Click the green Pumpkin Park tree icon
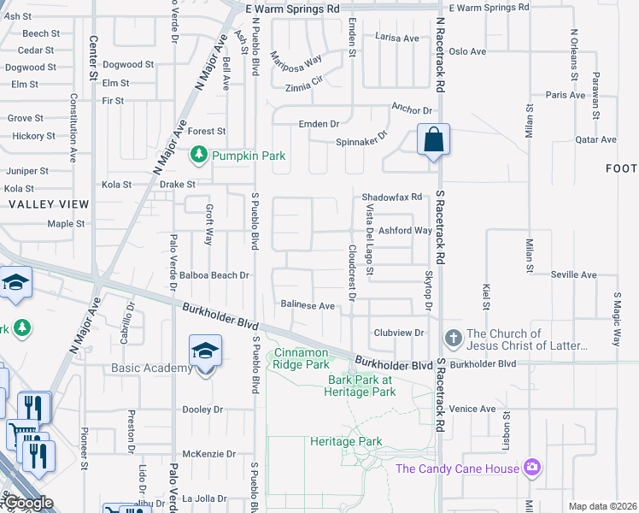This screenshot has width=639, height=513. pos(199,155)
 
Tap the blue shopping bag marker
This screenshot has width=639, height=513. pos(433,140)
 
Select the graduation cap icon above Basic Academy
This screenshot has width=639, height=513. pos(205,351)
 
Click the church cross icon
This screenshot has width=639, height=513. pos(453,339)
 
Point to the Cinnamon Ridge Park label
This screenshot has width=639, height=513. pos(301,358)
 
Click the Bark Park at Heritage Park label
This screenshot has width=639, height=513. pos(360,386)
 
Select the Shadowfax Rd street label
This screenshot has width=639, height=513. pos(392,197)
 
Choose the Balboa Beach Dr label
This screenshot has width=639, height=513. pos(214,275)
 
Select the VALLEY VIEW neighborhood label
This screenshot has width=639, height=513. pos(49,204)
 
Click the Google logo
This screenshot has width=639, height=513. pos(27,503)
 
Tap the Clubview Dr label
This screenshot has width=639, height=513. pos(398,332)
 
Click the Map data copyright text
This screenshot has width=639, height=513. pos(602,506)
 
